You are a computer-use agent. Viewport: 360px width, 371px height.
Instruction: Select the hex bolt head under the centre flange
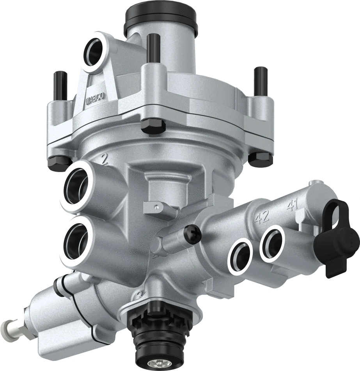click(x=153, y=126)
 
